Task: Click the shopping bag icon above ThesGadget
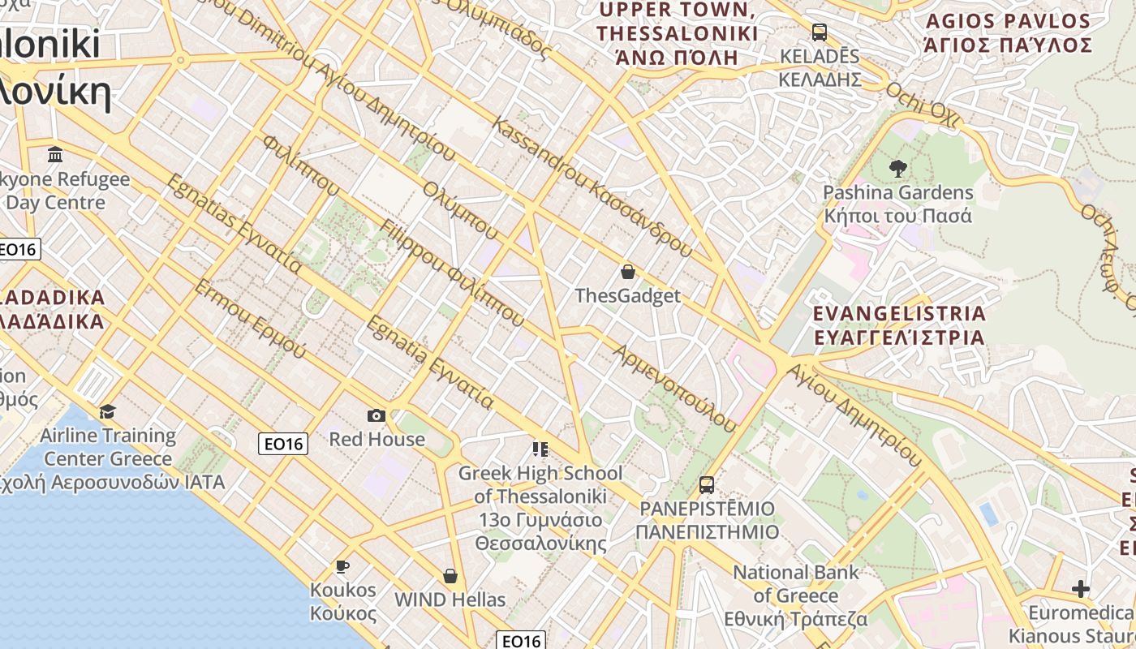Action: tap(627, 272)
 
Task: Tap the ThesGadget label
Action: tap(627, 296)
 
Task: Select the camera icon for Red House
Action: tap(377, 416)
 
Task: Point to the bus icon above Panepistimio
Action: tap(707, 485)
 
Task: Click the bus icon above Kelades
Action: tap(820, 32)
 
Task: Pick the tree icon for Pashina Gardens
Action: tap(897, 169)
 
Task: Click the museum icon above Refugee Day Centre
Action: tap(55, 154)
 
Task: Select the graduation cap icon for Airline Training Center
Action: tap(107, 412)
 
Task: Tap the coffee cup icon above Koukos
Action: tap(342, 566)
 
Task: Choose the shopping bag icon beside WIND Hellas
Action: tap(450, 576)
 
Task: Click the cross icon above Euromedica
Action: tap(1080, 588)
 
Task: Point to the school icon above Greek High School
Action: tap(540, 449)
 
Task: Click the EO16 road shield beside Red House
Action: tap(283, 444)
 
